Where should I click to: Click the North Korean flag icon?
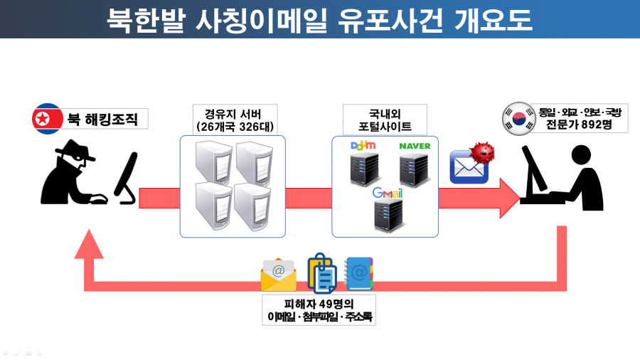[x=48, y=119]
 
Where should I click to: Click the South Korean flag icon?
[x=519, y=118]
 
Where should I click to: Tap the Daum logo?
[x=363, y=145]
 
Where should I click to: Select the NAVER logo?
[x=415, y=146]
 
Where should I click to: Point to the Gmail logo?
[x=387, y=193]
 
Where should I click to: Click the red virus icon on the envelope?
[x=482, y=153]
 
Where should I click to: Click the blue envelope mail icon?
[x=469, y=167]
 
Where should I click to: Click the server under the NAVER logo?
[x=414, y=169]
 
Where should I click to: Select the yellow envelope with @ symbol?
[x=278, y=275]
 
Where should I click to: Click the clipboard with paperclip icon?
[x=322, y=272]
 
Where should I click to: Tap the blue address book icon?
[x=358, y=273]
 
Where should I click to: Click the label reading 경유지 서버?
[x=233, y=114]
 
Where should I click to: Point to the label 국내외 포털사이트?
[x=385, y=120]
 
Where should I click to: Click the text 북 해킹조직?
[x=102, y=120]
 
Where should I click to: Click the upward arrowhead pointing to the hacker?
[x=89, y=244]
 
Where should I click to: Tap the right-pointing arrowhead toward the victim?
[x=510, y=198]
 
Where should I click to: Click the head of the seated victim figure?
[x=581, y=156]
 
